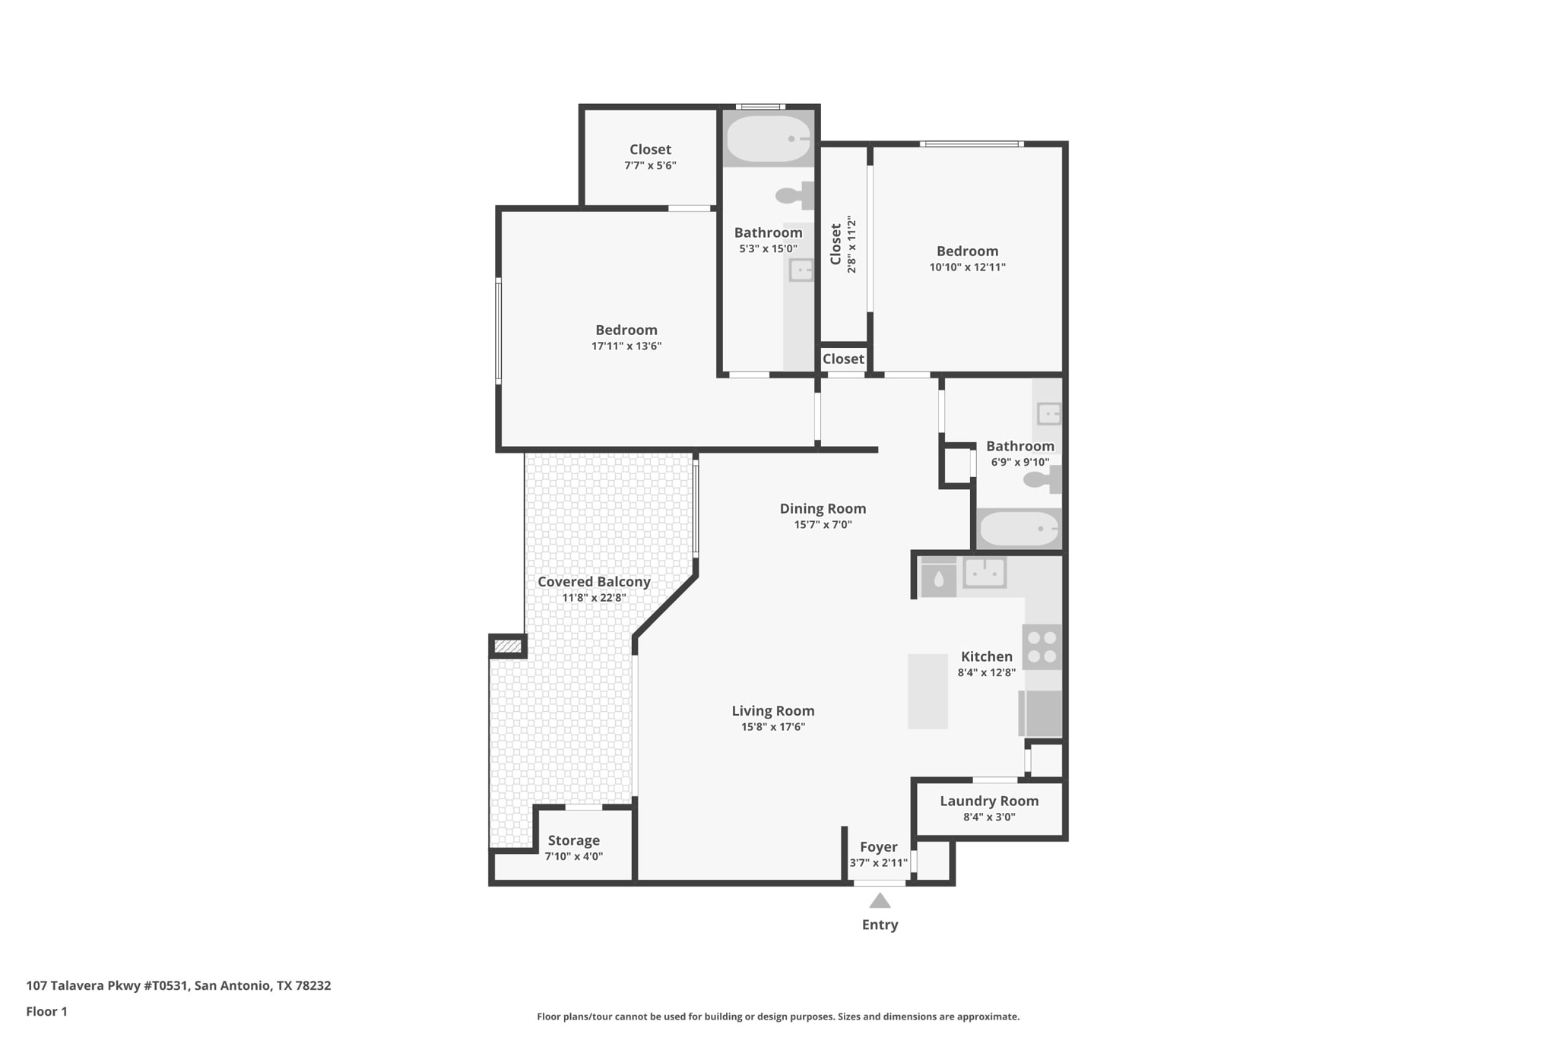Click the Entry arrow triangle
click(880, 900)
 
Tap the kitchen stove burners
click(1042, 647)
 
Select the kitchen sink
click(985, 572)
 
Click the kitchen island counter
click(928, 691)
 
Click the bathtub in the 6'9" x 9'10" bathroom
click(1019, 529)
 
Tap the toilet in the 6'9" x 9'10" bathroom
click(1042, 479)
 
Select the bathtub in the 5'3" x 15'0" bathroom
click(769, 138)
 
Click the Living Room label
click(773, 710)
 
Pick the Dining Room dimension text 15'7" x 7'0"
click(823, 524)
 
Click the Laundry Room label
click(989, 801)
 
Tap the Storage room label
click(574, 840)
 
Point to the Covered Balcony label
click(594, 582)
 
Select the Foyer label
click(878, 847)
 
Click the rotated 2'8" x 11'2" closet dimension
click(851, 245)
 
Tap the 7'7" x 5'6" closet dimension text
click(650, 165)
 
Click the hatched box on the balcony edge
click(508, 647)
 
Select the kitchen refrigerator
click(1040, 713)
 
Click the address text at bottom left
click(179, 985)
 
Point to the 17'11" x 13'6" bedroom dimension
click(626, 346)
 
